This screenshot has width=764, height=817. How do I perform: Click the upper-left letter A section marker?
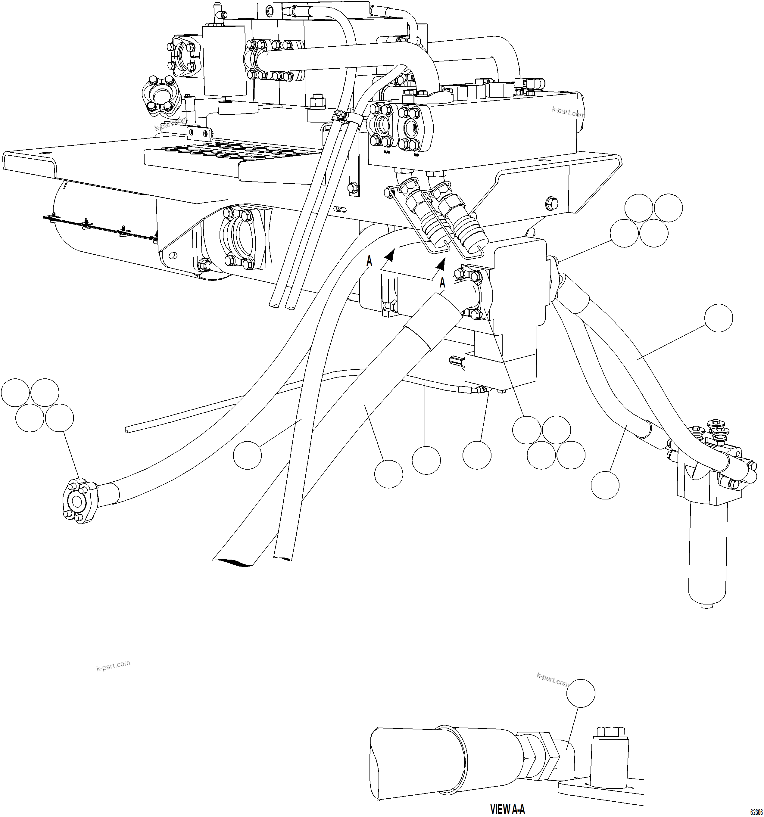click(369, 261)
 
